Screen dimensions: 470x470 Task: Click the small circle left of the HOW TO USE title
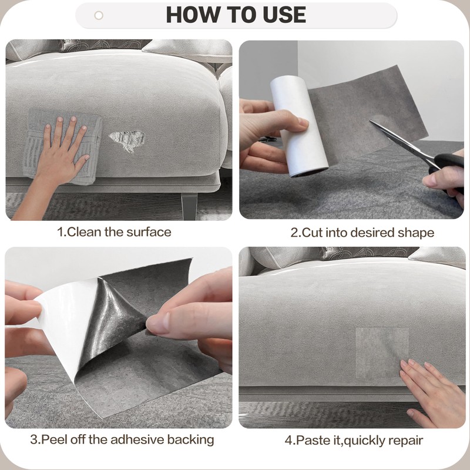99,15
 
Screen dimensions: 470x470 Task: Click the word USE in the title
284,15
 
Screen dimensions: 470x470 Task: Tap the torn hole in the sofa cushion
127,141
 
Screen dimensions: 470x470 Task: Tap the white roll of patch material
298,126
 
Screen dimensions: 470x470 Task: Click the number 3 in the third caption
33,439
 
